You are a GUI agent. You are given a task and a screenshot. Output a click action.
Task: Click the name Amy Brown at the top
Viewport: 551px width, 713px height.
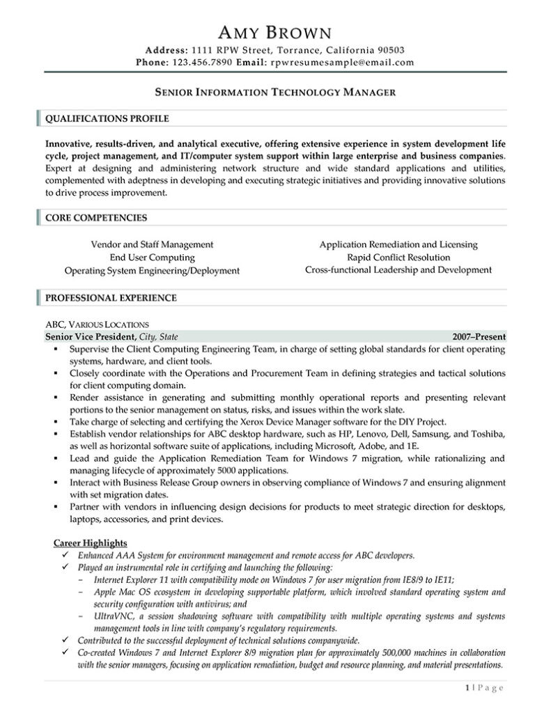coord(275,31)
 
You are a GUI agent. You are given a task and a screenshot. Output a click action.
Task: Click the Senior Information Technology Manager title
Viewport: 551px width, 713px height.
coord(275,91)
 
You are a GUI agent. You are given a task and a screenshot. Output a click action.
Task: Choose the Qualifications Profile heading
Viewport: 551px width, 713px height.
coord(107,118)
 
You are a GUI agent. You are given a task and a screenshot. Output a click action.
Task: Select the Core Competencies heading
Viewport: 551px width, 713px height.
coord(96,218)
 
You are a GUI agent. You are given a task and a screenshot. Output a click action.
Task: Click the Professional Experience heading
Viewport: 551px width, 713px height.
coord(111,298)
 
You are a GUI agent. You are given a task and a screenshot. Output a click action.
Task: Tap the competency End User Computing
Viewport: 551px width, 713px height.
coord(153,257)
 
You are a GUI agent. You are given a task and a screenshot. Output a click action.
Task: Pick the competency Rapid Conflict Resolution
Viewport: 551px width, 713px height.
coord(398,257)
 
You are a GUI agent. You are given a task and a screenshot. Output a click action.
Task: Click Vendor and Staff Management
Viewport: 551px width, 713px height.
coord(153,244)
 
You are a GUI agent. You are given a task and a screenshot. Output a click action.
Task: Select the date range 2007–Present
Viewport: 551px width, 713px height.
coord(479,336)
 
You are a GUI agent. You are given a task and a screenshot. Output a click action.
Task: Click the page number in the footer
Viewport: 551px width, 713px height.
coord(467,689)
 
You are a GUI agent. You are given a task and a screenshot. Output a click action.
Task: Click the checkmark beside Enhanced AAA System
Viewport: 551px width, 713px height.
coord(65,556)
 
